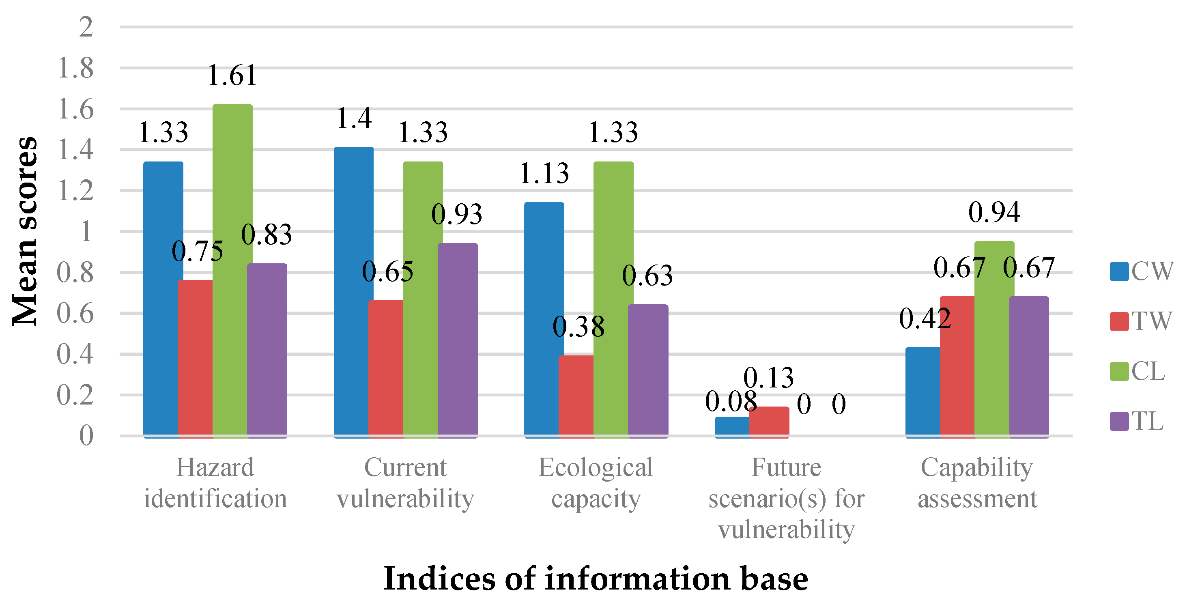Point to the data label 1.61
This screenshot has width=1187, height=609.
pos(232,75)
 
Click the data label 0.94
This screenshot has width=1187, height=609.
pos(994,213)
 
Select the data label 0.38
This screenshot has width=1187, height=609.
pos(578,327)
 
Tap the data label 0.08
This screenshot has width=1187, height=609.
pos(731,401)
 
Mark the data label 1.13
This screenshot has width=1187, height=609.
pos(544,174)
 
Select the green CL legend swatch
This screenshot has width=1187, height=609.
pos(1119,371)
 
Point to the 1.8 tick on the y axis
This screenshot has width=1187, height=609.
pos(75,68)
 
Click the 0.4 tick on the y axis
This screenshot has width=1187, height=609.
pos(75,354)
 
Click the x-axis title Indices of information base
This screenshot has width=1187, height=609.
pos(596,579)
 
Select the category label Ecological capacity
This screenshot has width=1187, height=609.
pos(596,483)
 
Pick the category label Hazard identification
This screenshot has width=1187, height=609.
pos(215,483)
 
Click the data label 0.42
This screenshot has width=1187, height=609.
pos(925,318)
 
